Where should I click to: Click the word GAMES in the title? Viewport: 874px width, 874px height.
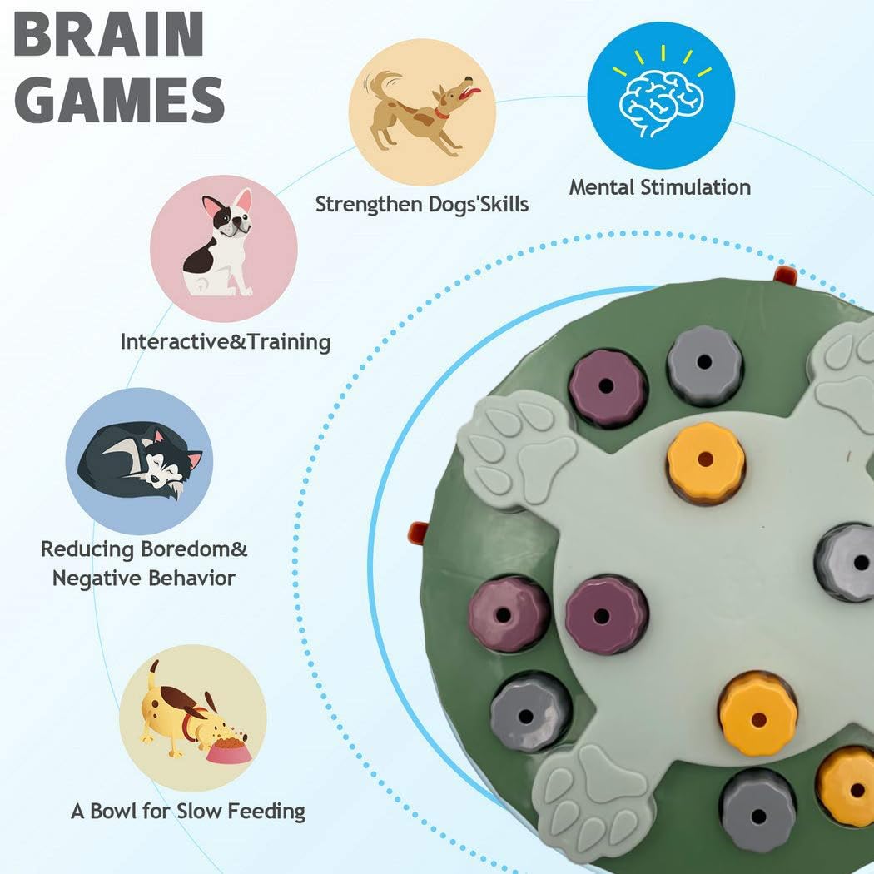119,100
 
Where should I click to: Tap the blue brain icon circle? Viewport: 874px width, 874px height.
661,96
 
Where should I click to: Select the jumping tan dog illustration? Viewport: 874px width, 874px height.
422,112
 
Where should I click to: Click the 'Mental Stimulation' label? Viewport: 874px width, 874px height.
660,187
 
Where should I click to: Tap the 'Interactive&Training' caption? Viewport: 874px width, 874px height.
226,341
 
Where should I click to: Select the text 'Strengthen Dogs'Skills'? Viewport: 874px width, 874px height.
422,205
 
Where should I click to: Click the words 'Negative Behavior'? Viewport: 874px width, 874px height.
144,578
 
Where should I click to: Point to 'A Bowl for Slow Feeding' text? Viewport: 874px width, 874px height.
188,811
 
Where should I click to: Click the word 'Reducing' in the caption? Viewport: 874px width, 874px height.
87,549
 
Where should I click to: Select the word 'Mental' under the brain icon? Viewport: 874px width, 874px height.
602,187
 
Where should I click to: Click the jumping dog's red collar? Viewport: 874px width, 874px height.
441,114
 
